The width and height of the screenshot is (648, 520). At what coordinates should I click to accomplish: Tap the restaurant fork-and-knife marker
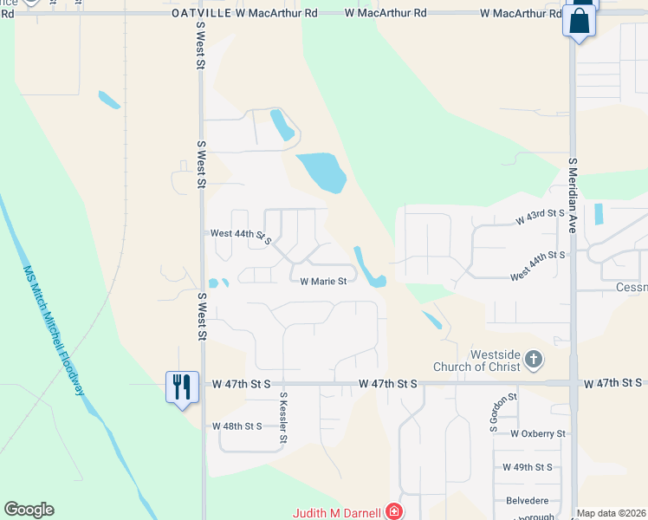[182, 386]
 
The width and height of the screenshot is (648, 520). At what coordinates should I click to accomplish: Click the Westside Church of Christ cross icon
[534, 359]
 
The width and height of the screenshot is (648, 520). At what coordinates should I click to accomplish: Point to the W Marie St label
[323, 281]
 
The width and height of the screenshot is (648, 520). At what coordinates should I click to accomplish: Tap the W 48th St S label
[237, 426]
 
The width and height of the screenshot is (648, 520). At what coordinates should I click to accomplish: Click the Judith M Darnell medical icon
[394, 511]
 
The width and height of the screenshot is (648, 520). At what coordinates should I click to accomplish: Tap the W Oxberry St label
[537, 433]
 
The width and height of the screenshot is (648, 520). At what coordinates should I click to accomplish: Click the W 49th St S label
[528, 467]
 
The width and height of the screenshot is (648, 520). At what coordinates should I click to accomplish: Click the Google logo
[29, 510]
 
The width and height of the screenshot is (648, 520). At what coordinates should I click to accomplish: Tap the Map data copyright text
[611, 513]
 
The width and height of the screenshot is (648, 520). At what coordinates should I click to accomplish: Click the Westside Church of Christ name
[495, 361]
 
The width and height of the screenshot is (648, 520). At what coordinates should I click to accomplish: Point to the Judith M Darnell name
[338, 512]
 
